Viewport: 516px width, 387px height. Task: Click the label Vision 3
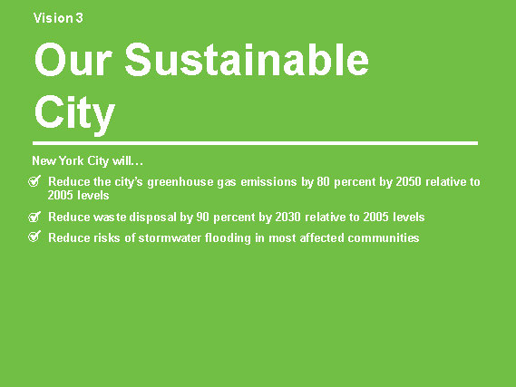coord(58,18)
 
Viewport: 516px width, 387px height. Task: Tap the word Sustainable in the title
coord(247,60)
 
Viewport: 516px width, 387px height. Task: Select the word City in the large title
coord(74,114)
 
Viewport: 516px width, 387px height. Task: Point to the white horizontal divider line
coord(255,143)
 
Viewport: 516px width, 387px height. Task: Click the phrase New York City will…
coord(88,160)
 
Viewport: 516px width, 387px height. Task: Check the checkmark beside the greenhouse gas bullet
coord(34,181)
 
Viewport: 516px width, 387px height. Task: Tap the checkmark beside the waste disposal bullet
coord(34,217)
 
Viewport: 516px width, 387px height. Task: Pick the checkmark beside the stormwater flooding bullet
coord(34,237)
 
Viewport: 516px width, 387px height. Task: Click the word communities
coord(384,237)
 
